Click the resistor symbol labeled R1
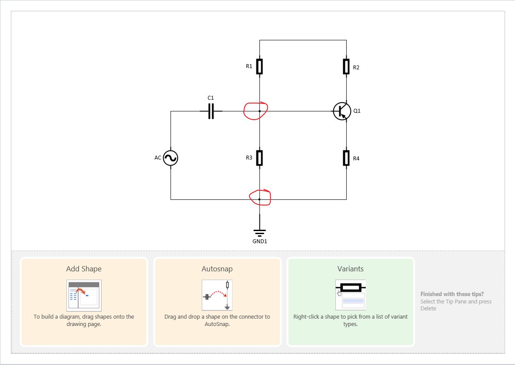[259, 67]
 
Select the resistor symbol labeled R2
[346, 67]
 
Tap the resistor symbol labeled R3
[259, 158]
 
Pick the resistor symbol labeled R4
[346, 158]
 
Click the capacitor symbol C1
[211, 111]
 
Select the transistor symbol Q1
[342, 111]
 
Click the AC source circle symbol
[171, 158]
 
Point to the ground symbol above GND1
[259, 232]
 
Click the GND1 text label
[259, 241]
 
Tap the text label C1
[211, 98]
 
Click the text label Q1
[357, 111]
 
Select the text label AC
[158, 158]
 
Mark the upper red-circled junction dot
[259, 111]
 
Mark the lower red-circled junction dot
[259, 199]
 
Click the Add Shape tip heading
[84, 269]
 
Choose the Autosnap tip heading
[217, 269]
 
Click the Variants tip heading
[350, 269]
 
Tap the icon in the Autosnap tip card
[217, 295]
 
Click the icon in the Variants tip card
[350, 295]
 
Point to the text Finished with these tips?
[452, 294]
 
